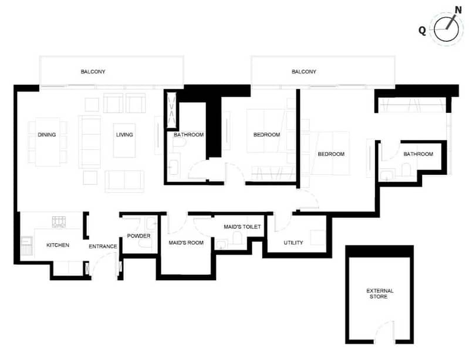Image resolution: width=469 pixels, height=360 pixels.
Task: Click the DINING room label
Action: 46,134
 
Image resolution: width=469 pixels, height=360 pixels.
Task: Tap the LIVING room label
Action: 124,134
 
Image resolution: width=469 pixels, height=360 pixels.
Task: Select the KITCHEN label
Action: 58,245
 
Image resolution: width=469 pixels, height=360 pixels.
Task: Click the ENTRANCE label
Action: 103,246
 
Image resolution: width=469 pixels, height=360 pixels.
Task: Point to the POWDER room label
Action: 139,236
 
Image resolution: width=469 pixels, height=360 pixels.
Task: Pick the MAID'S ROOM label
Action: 186,243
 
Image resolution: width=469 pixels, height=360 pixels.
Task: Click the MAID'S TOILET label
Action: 242,227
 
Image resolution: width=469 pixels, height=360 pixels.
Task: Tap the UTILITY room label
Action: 293,243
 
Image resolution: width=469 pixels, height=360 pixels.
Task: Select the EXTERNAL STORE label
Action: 380,294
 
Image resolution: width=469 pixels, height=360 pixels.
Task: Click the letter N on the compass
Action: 458,10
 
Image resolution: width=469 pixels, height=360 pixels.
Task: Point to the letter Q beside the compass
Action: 422,30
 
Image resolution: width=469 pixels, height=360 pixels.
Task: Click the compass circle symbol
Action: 446,29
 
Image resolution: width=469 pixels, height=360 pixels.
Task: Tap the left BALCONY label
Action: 93,72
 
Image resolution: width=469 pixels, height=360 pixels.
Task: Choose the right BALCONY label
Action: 304,72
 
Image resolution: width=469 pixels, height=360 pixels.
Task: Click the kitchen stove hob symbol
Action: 59,222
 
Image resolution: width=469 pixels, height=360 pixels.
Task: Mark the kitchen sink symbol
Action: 27,245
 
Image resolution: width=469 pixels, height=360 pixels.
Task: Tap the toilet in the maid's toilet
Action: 237,238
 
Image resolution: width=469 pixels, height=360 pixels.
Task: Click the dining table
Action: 48,142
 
